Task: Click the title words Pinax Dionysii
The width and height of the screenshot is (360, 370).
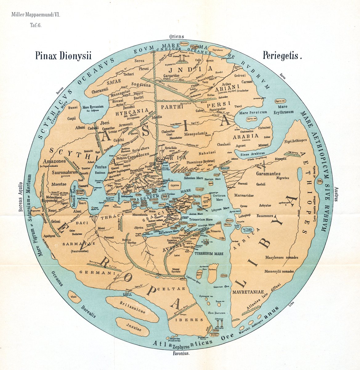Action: pyautogui.click(x=63, y=55)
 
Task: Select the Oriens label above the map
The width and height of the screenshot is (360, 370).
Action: pyautogui.click(x=177, y=37)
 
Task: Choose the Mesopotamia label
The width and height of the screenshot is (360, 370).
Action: pyautogui.click(x=196, y=134)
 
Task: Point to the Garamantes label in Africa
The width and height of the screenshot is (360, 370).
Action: pyautogui.click(x=268, y=174)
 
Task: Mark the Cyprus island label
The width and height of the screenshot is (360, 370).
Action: pyautogui.click(x=175, y=186)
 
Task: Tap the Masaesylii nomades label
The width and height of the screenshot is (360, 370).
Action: pyautogui.click(x=279, y=272)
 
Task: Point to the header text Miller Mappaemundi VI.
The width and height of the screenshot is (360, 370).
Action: pyautogui.click(x=36, y=14)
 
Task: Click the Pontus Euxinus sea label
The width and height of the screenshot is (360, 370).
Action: pyautogui.click(x=101, y=170)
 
